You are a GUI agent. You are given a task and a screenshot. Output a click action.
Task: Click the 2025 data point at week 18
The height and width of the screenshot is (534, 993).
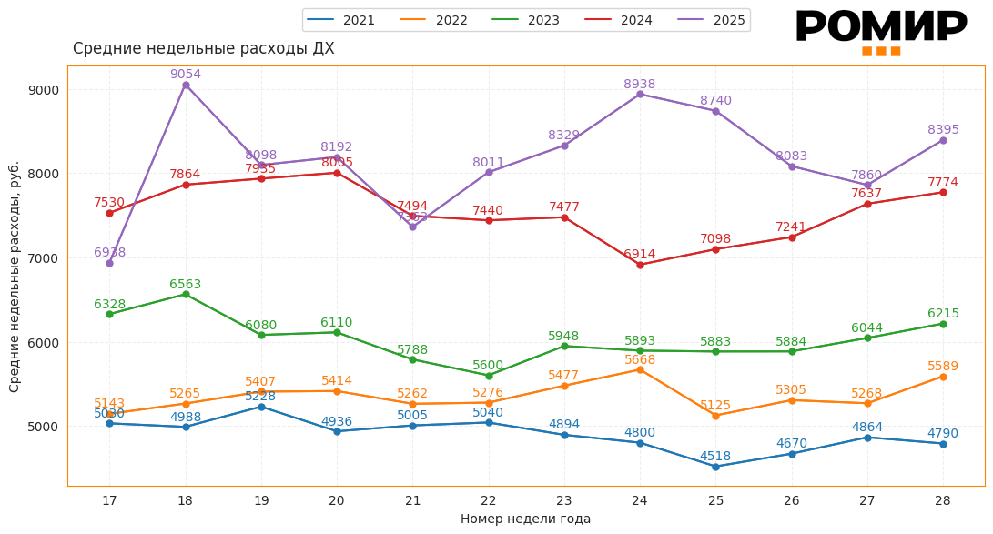coord(186,85)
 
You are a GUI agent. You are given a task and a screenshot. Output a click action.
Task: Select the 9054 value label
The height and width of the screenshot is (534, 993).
coord(186,75)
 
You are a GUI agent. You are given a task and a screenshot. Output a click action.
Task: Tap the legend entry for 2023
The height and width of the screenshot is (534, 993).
coord(526,20)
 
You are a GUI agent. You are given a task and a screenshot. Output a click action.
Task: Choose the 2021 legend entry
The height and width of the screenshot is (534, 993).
coord(341,20)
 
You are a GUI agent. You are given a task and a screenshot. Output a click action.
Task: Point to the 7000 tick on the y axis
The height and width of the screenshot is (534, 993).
coord(44,258)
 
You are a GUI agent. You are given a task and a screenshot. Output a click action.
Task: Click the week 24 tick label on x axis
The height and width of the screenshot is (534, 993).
coord(640,500)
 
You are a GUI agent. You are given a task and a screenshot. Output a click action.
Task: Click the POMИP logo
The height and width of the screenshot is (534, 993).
coord(880,31)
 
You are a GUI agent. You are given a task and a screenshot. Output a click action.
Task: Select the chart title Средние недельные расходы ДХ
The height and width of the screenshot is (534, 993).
coord(204,49)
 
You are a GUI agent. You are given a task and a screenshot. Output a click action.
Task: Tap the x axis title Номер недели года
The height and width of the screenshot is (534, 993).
coord(525,519)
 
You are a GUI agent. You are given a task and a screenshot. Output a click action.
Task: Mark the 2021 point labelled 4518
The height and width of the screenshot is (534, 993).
coord(715,467)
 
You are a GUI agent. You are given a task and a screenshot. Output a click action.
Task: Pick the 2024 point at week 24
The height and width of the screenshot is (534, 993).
coord(640,265)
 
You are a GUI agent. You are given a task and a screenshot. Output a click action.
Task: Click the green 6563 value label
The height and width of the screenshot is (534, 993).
coord(186,285)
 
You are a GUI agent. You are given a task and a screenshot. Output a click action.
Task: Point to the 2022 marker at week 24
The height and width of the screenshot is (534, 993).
coord(640,369)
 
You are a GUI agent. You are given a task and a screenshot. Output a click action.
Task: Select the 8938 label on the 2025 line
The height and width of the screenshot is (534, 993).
coord(640,85)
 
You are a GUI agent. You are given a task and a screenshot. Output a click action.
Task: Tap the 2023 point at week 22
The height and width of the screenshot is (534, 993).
coord(489,376)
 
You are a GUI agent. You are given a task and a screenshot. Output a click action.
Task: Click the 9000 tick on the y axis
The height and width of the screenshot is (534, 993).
coord(44,90)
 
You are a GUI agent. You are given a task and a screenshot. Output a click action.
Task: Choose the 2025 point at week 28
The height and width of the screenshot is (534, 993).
coord(943,140)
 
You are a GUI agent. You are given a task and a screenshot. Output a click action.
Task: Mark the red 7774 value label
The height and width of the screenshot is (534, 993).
coord(943,183)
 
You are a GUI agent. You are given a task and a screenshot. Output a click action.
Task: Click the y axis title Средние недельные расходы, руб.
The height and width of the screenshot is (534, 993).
coord(15,277)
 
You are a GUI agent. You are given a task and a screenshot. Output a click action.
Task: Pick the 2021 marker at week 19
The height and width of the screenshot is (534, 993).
coord(261,407)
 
